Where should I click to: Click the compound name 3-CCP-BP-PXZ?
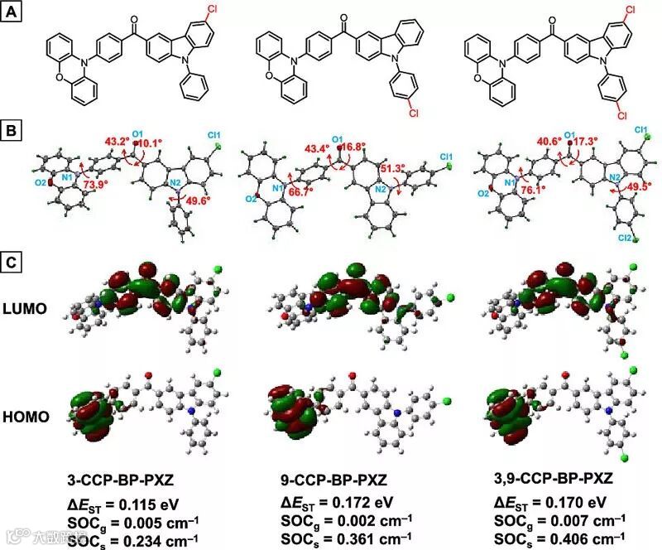point(122,481)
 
